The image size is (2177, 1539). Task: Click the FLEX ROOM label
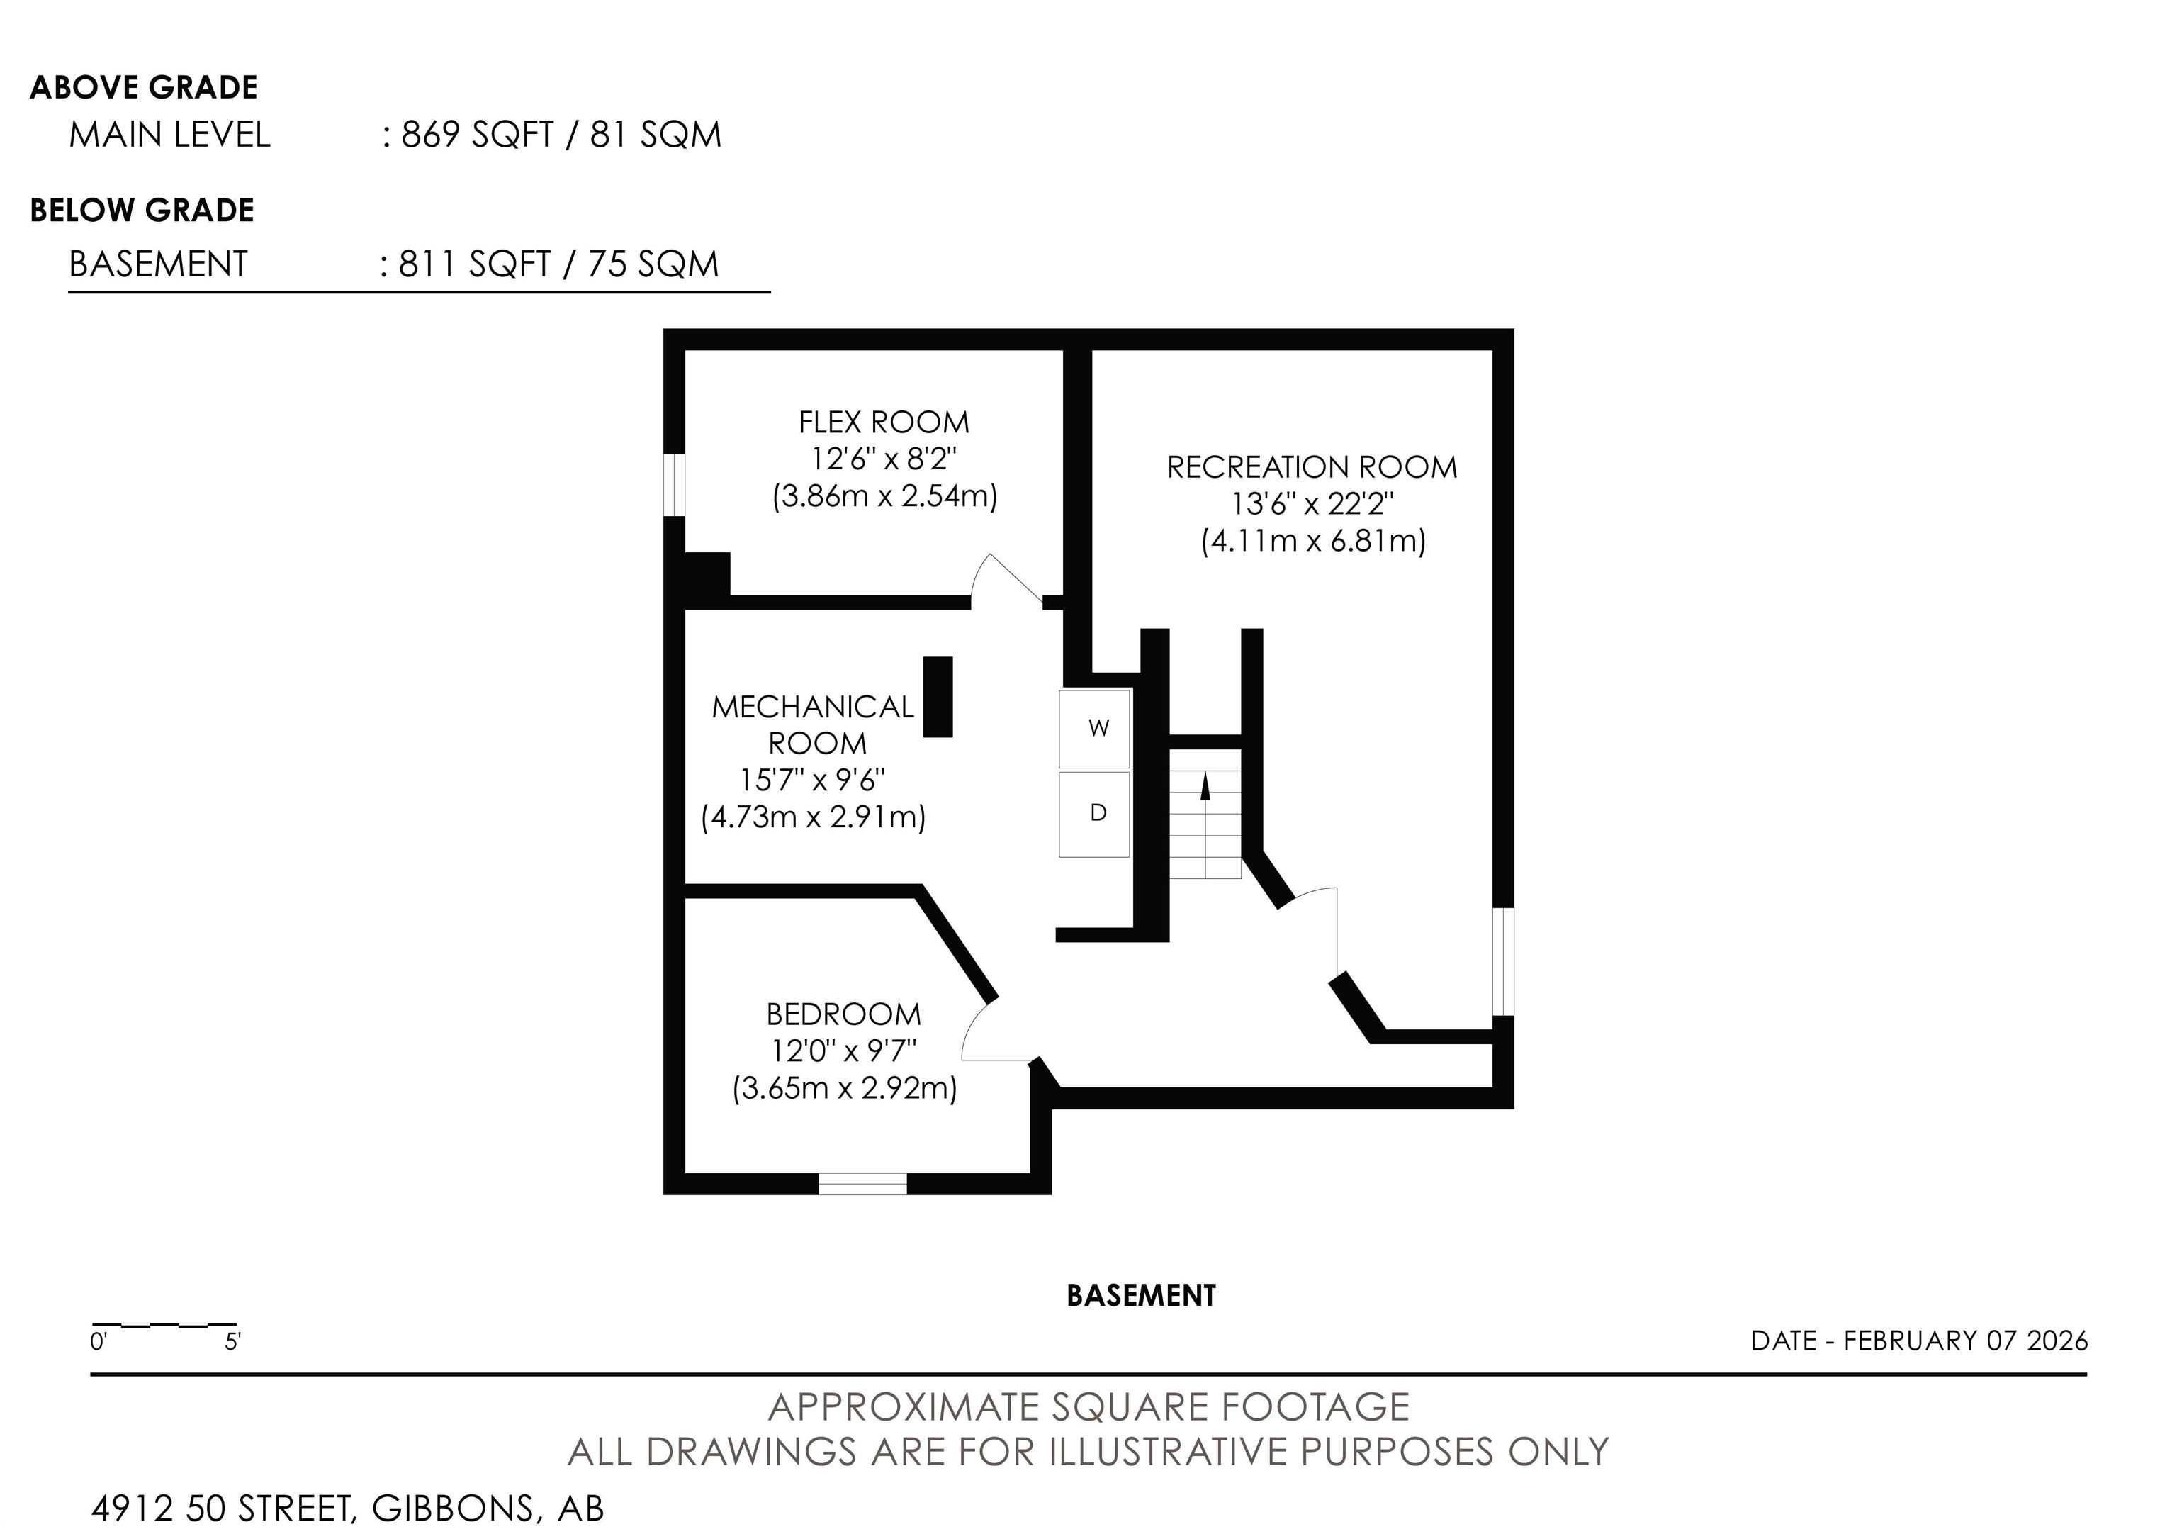[884, 422]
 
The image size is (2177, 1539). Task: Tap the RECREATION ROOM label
[1312, 467]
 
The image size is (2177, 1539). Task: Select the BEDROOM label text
[844, 1014]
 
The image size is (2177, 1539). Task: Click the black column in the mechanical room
[938, 697]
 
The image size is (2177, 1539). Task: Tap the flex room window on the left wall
[674, 486]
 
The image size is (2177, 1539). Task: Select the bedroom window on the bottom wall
[863, 1183]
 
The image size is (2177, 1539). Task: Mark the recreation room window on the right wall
[1504, 961]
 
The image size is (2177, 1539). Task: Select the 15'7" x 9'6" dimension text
[813, 780]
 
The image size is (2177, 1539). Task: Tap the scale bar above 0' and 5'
[164, 1323]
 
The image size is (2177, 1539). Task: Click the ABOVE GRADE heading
[144, 87]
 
